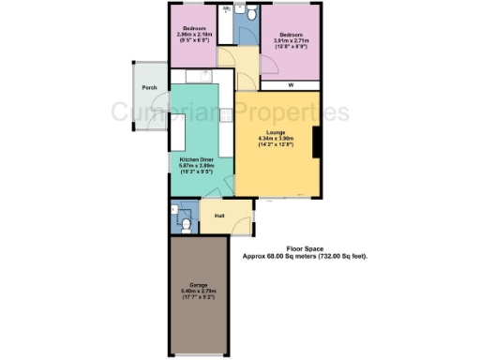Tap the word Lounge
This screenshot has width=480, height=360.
[x=275, y=134]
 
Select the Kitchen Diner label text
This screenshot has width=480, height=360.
[x=197, y=159]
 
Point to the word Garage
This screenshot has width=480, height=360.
[x=198, y=285]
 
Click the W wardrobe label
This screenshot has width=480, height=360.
[x=291, y=84]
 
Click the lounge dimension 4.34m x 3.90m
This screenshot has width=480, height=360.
[x=275, y=140]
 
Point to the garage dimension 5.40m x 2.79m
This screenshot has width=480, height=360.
[x=198, y=291]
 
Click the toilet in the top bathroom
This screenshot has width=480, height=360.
[x=243, y=11]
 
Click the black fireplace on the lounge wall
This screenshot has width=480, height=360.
[x=317, y=142]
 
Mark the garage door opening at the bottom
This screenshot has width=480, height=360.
[x=198, y=354]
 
